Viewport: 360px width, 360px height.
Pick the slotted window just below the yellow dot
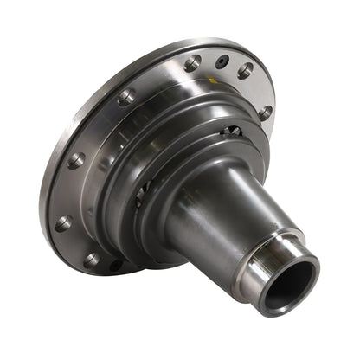pos(232,132)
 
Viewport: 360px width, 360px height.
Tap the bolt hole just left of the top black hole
pos(192,62)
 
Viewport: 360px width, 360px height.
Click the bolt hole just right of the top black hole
pos(246,70)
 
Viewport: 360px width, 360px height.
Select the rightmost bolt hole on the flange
pos(265,112)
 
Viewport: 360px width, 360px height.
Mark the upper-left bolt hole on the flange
pos(126,97)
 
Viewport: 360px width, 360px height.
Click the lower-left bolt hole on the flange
pos(63,222)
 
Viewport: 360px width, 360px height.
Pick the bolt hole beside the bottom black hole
pos(92,259)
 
